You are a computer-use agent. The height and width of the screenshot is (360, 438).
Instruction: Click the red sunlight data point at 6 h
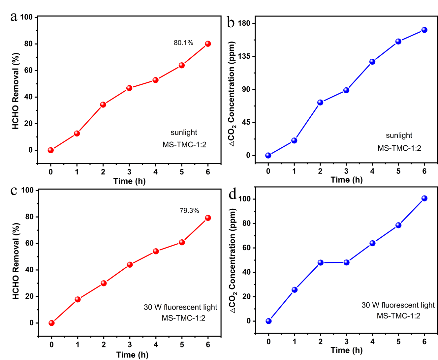coord(208,44)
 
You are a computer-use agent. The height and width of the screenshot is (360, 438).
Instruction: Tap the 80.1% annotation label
coord(183,43)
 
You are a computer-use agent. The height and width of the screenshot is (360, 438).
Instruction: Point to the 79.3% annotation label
coord(189,210)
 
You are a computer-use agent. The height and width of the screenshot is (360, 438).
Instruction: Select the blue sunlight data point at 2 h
coord(320,102)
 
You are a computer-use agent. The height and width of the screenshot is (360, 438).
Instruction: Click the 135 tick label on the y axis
coord(244,56)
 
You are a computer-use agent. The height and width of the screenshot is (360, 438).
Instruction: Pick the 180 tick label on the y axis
coord(244,23)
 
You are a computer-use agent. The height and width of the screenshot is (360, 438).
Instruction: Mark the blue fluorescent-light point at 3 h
coord(346,262)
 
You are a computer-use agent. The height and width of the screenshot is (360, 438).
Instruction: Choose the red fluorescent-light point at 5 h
coord(182,242)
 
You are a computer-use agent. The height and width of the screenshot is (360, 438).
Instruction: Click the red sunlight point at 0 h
coord(50,150)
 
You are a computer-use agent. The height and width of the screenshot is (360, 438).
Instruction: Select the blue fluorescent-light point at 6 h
coord(424,198)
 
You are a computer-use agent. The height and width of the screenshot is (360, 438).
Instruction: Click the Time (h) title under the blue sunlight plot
coord(346,180)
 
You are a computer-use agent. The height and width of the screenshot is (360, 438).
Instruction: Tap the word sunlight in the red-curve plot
coord(184,133)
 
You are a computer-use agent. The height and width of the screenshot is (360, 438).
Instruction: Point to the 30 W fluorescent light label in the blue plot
coord(398,305)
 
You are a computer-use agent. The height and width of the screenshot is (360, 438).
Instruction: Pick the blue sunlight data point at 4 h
coord(372,61)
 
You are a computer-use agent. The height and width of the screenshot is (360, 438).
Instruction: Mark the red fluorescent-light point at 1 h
coord(78,299)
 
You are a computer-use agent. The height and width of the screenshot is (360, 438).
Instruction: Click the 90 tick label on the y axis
coord(246,89)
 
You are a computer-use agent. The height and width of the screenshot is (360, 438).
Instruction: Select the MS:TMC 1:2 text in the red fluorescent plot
coord(183,318)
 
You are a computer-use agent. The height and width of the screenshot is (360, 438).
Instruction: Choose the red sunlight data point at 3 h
coord(129,88)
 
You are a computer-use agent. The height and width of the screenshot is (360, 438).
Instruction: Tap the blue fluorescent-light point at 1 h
coord(295,289)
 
